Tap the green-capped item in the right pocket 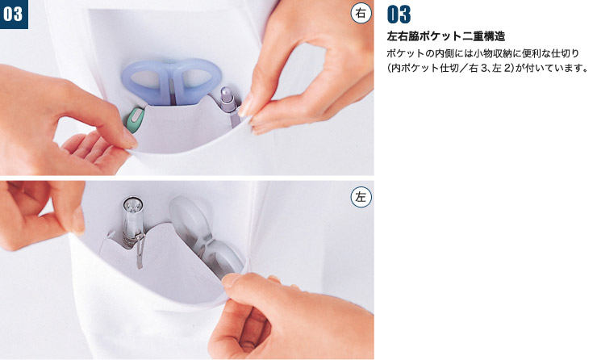coord(135,119)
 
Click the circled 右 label coord(361,14)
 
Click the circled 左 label coord(361,197)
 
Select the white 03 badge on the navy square coord(14,14)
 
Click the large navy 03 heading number coord(399,15)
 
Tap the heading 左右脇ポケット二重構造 coord(446,36)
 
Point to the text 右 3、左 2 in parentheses coord(489,69)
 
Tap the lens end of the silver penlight coord(132,203)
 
